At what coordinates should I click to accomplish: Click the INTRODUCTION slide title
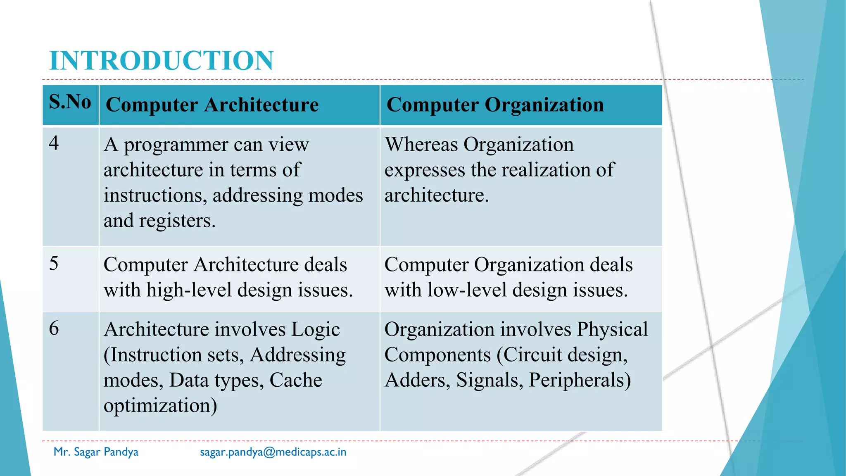point(161,61)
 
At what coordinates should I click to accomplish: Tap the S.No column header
point(70,102)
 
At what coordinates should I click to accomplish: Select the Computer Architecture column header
point(212,105)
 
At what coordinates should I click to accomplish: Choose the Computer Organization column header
point(495,105)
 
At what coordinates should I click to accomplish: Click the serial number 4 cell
point(54,143)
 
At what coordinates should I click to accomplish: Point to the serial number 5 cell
point(54,264)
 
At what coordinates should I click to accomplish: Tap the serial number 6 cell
point(54,328)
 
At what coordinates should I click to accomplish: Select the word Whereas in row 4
point(421,145)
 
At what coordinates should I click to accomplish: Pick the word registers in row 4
point(177,221)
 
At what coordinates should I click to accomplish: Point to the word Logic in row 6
point(315,330)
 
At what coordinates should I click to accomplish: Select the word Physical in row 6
point(612,330)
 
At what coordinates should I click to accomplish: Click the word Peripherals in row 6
point(580,380)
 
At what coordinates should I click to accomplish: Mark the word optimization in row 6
point(160,406)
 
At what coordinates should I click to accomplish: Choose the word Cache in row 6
point(295,380)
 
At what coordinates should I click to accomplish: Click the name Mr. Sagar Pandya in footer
point(96,452)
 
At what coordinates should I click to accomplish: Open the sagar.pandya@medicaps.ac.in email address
point(273,452)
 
